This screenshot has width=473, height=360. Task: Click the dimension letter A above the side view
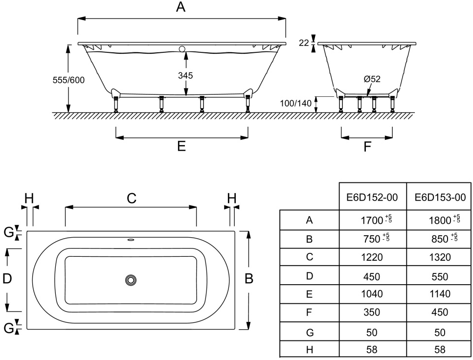click(x=180, y=7)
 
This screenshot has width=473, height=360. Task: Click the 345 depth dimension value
click(x=185, y=75)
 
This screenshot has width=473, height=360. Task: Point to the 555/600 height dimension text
click(x=68, y=80)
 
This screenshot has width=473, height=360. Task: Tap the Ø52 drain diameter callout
click(x=372, y=79)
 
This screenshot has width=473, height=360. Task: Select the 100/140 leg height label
click(x=295, y=104)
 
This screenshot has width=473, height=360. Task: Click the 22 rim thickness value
click(x=304, y=43)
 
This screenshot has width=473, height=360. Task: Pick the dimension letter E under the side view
click(x=181, y=146)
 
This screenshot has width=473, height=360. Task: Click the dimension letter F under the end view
click(x=367, y=147)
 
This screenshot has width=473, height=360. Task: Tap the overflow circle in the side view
click(x=182, y=49)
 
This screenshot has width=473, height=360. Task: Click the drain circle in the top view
click(x=131, y=280)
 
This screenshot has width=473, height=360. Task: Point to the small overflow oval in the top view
click(x=131, y=240)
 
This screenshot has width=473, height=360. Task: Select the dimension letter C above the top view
click(x=132, y=198)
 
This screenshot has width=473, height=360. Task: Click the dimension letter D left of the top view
click(x=7, y=278)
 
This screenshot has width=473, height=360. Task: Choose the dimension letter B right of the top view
click(x=249, y=278)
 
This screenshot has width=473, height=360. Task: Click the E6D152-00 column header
click(x=372, y=197)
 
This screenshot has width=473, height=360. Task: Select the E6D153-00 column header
click(x=440, y=197)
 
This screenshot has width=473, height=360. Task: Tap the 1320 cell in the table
click(x=440, y=257)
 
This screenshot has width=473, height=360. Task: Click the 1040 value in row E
click(x=372, y=293)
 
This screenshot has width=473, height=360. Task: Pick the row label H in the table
click(x=310, y=349)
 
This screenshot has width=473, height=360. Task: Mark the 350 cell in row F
click(x=372, y=313)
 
